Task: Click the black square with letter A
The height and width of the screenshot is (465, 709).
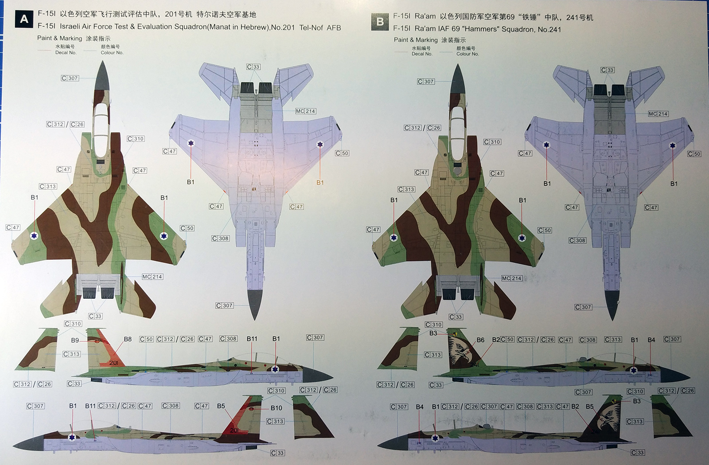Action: click(24, 19)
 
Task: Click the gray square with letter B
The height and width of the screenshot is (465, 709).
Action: click(380, 21)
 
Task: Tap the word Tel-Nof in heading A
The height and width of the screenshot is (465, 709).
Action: click(311, 27)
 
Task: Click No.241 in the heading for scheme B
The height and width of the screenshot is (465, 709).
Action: click(549, 29)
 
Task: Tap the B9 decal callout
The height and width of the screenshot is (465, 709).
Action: click(75, 340)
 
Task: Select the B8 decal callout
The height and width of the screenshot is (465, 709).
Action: click(128, 339)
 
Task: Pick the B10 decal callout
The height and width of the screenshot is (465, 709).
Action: click(276, 408)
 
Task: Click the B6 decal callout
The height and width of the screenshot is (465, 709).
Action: click(480, 340)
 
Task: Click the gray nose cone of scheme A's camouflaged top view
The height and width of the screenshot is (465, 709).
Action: click(102, 75)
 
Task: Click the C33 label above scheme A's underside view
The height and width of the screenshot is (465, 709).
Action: click(253, 67)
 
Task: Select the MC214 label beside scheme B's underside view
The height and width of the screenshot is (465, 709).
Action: click(658, 114)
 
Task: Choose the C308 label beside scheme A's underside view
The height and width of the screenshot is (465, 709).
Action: click(220, 238)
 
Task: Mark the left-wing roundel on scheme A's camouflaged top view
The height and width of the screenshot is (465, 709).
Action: click(34, 236)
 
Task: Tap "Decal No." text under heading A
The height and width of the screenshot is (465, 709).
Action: click(66, 53)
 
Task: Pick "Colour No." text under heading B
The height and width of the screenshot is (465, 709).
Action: click(467, 54)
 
